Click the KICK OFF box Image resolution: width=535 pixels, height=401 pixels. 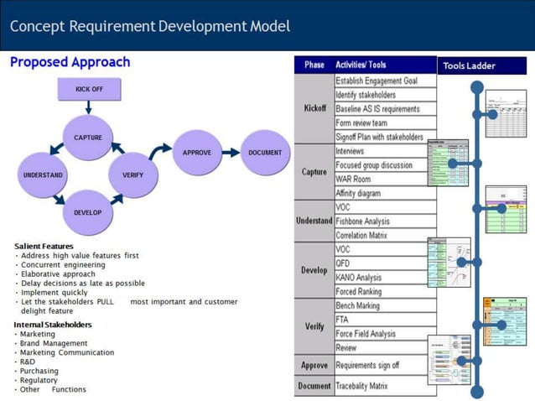point(89,90)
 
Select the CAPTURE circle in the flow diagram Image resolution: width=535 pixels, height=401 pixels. point(88,138)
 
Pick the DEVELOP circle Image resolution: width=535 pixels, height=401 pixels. point(88,212)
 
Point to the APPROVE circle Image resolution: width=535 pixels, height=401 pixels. point(197,153)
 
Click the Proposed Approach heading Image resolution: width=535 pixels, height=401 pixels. point(70,62)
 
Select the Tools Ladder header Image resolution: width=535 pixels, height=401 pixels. point(469,65)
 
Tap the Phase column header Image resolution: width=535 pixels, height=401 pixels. point(314,65)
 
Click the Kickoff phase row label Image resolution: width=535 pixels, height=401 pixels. point(314,109)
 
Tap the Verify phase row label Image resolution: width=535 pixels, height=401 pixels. point(314,326)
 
